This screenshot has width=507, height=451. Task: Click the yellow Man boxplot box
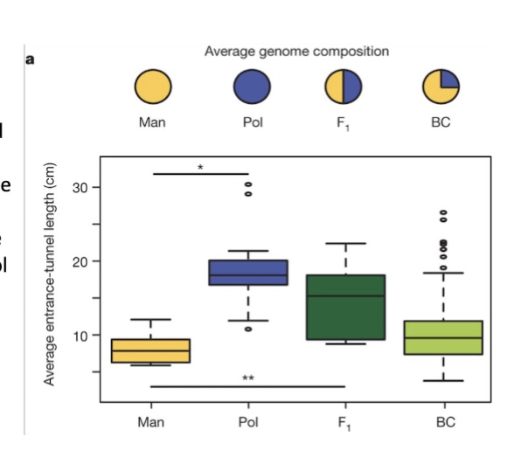pyautogui.click(x=151, y=350)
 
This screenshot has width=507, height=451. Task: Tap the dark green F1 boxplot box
pyautogui.click(x=346, y=307)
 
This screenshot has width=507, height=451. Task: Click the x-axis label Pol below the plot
pyautogui.click(x=248, y=420)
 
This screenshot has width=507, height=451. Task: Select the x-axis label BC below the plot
pyautogui.click(x=444, y=420)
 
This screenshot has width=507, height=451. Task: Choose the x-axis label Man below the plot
pyautogui.click(x=151, y=420)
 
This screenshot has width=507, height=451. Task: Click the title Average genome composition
pyautogui.click(x=296, y=52)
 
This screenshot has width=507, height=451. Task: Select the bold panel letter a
pyautogui.click(x=30, y=59)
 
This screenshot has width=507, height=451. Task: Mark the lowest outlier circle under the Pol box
pyautogui.click(x=248, y=329)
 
